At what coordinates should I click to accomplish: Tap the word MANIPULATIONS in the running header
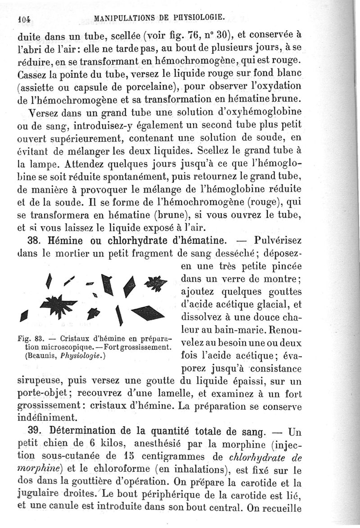click(x=123, y=18)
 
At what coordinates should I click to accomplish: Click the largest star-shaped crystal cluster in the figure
click(x=59, y=305)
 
